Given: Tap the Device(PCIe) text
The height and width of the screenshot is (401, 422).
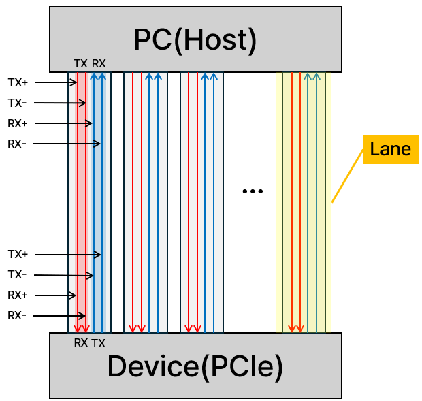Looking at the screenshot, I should click(x=195, y=366).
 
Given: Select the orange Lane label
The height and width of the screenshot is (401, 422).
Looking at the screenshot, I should click(x=390, y=149).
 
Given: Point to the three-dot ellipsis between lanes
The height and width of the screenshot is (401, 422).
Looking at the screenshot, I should click(x=253, y=192).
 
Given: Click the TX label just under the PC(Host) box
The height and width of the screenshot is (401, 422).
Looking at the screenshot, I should click(x=80, y=64).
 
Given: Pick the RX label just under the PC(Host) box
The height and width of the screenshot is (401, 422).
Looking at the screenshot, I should click(x=99, y=64).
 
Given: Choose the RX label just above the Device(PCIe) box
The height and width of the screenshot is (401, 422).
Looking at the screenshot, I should click(x=81, y=343).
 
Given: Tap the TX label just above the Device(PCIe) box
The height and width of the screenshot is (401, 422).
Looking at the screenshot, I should click(x=99, y=343).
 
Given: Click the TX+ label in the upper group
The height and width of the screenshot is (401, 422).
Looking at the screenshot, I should click(x=18, y=82).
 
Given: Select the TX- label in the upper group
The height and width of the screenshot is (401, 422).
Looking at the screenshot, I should click(x=18, y=103).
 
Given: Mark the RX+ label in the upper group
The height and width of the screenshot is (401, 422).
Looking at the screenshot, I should click(x=18, y=123).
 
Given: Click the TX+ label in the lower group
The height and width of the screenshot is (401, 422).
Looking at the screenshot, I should click(x=18, y=254).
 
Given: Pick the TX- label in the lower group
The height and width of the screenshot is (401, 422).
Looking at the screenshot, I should click(x=18, y=274).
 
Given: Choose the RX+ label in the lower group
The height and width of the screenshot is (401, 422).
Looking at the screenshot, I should click(x=18, y=295).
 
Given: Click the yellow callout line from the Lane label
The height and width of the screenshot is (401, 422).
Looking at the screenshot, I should click(x=346, y=176).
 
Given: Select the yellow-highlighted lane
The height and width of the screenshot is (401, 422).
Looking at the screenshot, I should click(x=303, y=204).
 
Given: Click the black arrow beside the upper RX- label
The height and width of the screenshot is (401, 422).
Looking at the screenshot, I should click(x=67, y=144).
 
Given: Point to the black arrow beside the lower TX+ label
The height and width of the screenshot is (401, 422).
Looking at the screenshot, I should click(x=67, y=255).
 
